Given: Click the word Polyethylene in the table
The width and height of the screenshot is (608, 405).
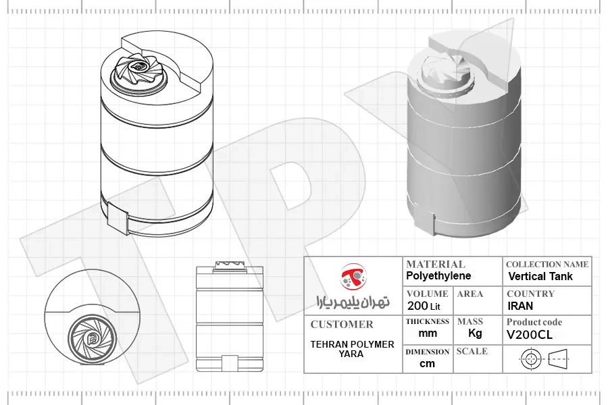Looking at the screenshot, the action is coord(438,276).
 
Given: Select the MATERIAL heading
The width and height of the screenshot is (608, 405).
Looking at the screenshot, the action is coord(436,265).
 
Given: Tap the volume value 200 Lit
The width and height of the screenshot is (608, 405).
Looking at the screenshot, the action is coord(424,306).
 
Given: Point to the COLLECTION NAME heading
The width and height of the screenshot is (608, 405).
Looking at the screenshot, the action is coord(547,265).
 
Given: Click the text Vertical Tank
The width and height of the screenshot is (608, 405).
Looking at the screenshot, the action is coord(540,276).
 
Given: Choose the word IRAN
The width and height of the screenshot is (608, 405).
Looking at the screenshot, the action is coord(520,306).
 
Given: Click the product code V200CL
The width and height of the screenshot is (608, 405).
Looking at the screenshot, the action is coord(529,335).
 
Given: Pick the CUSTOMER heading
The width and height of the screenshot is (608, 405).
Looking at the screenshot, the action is coord(342,325).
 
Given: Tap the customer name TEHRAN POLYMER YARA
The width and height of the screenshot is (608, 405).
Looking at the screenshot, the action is coord(352,349).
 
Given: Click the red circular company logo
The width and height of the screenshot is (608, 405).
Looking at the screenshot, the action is coord(353,277).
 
